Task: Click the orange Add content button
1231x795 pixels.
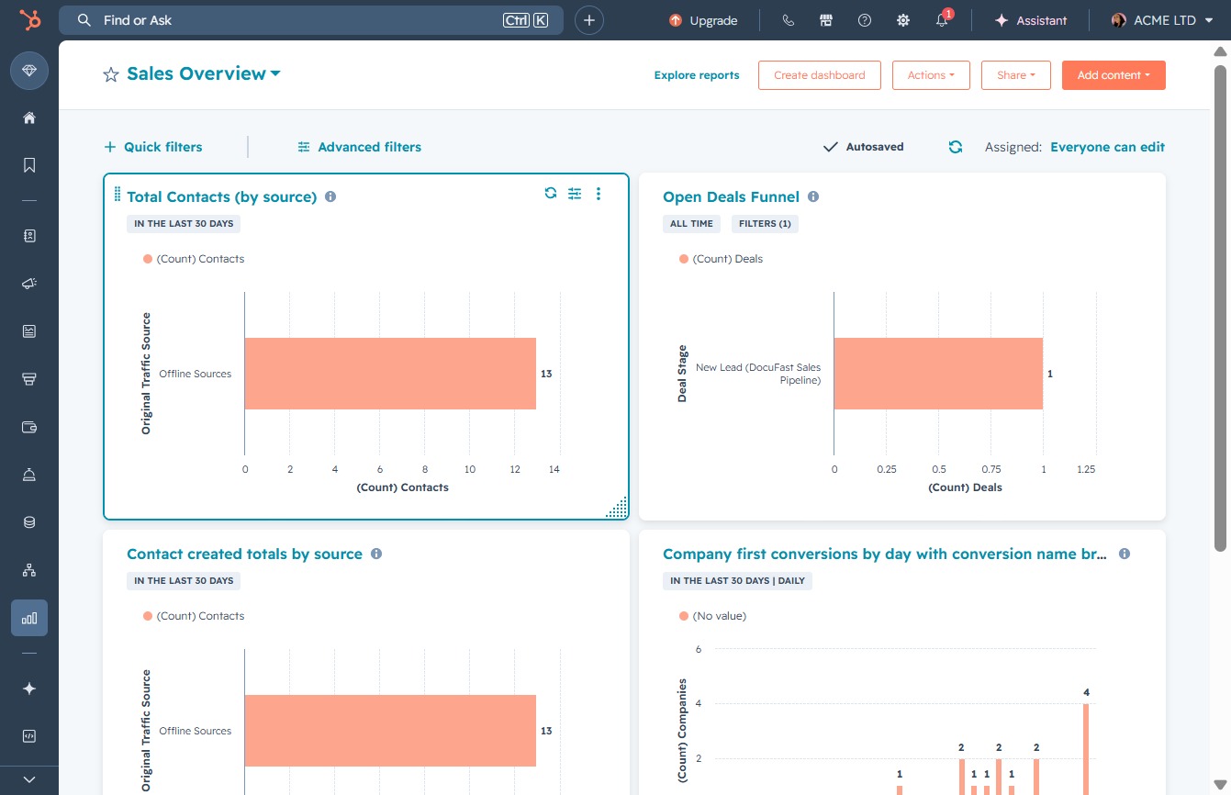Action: tap(1113, 75)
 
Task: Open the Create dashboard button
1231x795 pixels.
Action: tap(820, 75)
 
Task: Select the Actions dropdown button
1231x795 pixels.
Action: tap(931, 75)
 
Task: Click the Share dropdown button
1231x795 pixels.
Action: tap(1015, 75)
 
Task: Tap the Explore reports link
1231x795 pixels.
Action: tap(697, 75)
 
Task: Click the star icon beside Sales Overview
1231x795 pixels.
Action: tap(111, 74)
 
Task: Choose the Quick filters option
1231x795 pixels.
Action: tap(153, 147)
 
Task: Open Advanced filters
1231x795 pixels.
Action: tap(360, 147)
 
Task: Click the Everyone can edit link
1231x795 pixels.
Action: tap(1107, 147)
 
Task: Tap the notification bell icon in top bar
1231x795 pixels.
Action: tap(942, 20)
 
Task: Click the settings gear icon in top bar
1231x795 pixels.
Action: tap(903, 20)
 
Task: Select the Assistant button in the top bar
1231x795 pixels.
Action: tap(1030, 20)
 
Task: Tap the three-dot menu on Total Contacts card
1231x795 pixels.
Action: tap(599, 194)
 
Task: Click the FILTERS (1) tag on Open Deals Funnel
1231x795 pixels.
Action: tap(765, 224)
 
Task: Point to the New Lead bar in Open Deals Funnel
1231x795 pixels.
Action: tap(938, 374)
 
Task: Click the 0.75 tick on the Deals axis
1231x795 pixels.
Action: tap(991, 469)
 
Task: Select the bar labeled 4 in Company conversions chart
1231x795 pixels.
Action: tap(1086, 749)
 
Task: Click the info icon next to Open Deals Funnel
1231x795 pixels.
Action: tap(813, 196)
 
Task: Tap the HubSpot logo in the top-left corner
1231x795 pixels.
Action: tap(29, 20)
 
